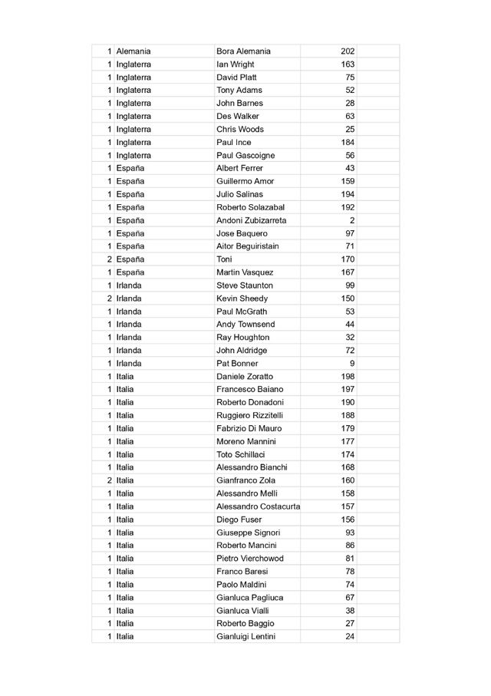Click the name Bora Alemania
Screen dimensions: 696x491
(x=243, y=51)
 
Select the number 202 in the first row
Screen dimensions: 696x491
(x=348, y=51)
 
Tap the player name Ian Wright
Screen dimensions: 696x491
(x=235, y=64)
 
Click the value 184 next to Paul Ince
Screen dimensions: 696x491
(x=348, y=142)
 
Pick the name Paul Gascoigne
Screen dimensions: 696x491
(x=245, y=155)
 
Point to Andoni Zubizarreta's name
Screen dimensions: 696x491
(x=251, y=220)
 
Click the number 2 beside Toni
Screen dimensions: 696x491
(x=110, y=259)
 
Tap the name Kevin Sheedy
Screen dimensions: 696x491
(x=242, y=298)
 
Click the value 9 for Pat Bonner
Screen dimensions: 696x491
(x=352, y=363)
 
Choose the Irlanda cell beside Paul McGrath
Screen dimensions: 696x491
(x=128, y=312)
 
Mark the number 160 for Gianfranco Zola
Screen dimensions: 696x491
(x=348, y=480)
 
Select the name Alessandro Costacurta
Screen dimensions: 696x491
(x=258, y=506)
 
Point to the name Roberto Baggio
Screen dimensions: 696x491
(x=245, y=623)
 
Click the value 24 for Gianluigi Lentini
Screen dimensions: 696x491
(x=350, y=636)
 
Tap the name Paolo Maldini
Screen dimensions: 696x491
(x=241, y=584)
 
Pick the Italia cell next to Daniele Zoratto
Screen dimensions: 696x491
(x=124, y=376)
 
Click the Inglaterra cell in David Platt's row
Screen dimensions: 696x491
(x=133, y=78)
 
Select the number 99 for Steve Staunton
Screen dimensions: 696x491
(x=350, y=285)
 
